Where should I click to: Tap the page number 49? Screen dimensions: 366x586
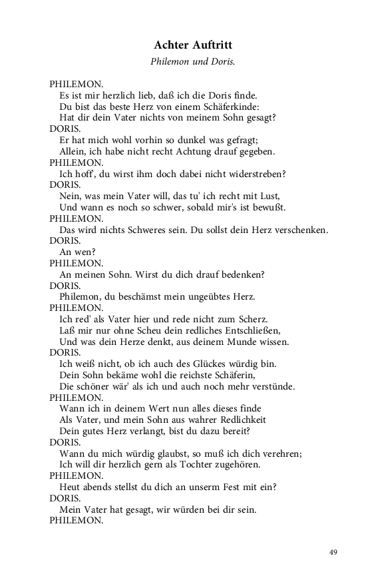coord(333,552)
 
